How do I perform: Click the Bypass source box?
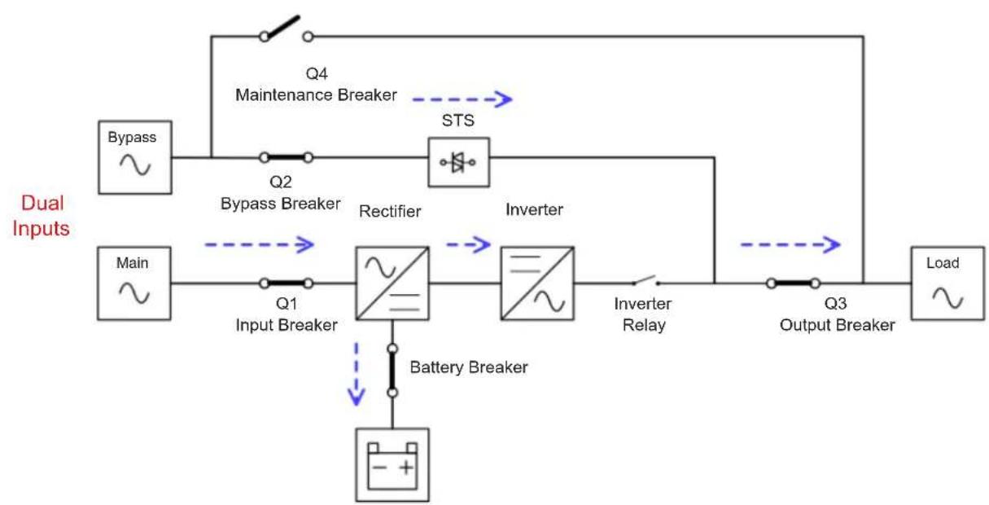click(135, 157)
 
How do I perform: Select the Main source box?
click(134, 283)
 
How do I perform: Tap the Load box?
click(947, 283)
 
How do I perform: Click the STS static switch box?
click(459, 162)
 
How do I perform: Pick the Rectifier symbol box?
click(392, 283)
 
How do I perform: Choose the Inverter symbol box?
click(537, 283)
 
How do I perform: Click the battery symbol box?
click(392, 465)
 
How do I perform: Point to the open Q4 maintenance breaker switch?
click(286, 29)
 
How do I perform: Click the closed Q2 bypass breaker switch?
click(286, 157)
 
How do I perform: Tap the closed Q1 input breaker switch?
click(286, 283)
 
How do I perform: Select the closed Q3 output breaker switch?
click(793, 283)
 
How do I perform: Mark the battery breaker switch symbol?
click(392, 371)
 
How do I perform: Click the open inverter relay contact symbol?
click(645, 281)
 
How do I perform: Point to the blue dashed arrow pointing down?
click(357, 374)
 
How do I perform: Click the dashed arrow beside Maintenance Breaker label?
click(462, 99)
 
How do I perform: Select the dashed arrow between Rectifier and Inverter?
click(468, 244)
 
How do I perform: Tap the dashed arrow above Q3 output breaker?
click(790, 244)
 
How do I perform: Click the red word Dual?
click(42, 204)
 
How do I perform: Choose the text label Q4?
click(317, 73)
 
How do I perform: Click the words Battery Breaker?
click(468, 367)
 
